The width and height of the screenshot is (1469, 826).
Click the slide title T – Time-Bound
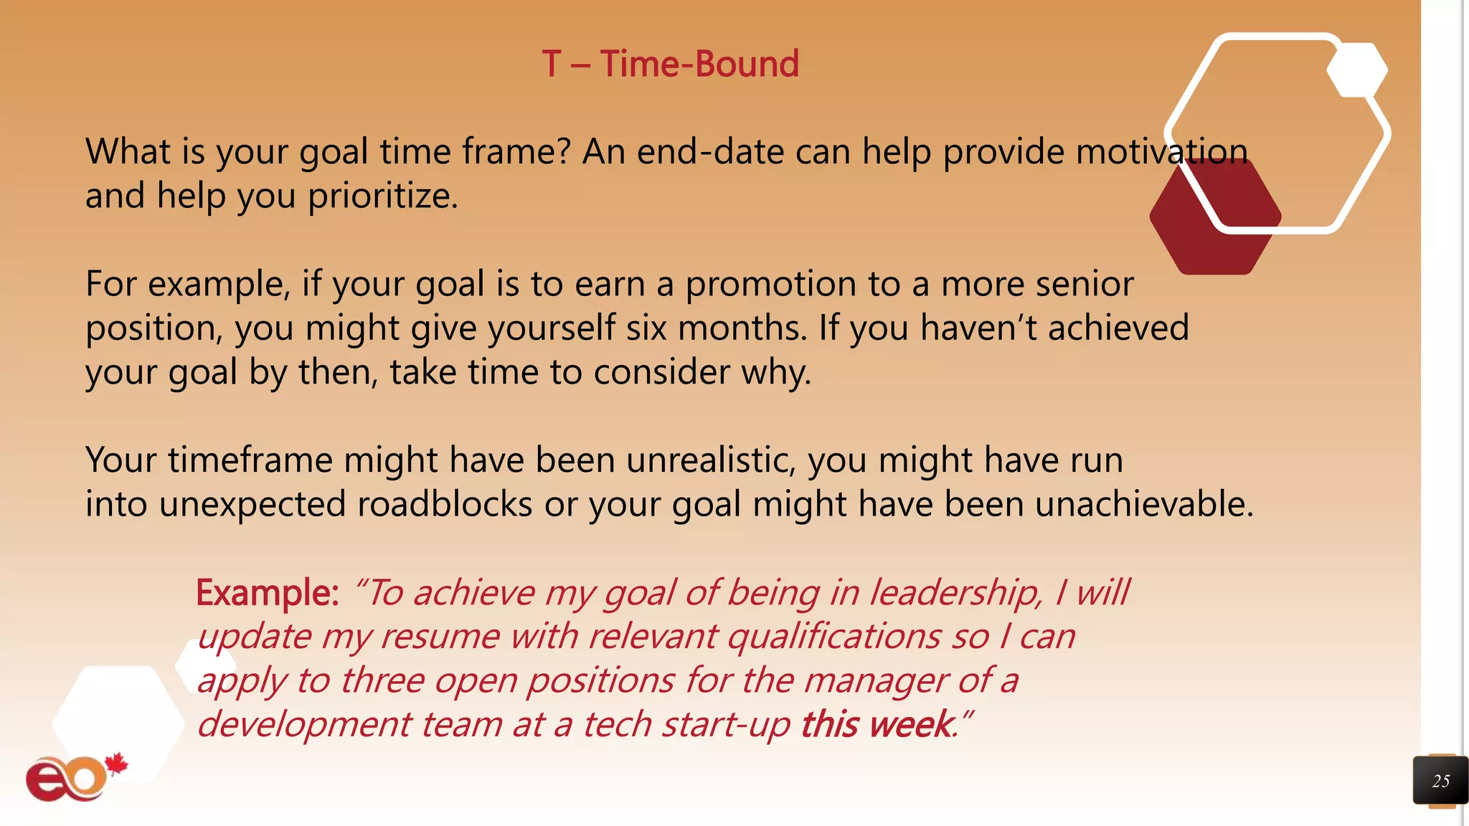(x=670, y=64)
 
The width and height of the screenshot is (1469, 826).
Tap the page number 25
(x=1440, y=781)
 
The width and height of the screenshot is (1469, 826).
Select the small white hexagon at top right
(x=1356, y=70)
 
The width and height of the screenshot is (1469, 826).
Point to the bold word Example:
(x=267, y=593)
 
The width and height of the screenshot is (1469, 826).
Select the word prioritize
(x=382, y=196)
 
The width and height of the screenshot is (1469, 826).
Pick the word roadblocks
(x=444, y=504)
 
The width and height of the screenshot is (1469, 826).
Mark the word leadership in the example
(x=955, y=593)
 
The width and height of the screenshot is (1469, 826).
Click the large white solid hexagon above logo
(x=118, y=721)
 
